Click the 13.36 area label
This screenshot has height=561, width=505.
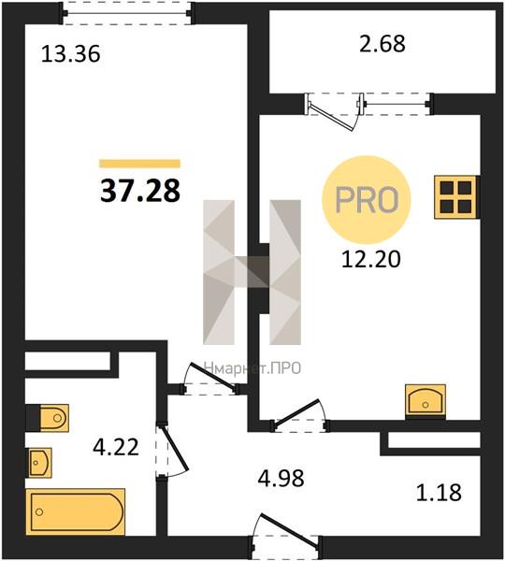[70, 54]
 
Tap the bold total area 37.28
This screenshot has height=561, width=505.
[140, 191]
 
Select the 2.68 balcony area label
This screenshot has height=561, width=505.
[382, 43]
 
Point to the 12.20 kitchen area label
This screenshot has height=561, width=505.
[370, 259]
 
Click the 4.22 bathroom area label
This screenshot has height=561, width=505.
[116, 447]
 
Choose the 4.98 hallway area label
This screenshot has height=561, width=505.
[281, 478]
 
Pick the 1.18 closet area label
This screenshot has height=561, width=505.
[439, 493]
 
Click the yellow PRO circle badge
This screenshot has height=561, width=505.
[367, 200]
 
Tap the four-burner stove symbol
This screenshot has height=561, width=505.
[456, 196]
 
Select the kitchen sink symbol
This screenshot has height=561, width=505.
[426, 401]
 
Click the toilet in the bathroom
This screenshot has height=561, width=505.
[50, 418]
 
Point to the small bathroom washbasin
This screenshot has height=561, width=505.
[39, 463]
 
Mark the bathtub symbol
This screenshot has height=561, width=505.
[76, 511]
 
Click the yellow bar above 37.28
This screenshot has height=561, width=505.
[139, 164]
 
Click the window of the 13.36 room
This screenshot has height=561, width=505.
[127, 13]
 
